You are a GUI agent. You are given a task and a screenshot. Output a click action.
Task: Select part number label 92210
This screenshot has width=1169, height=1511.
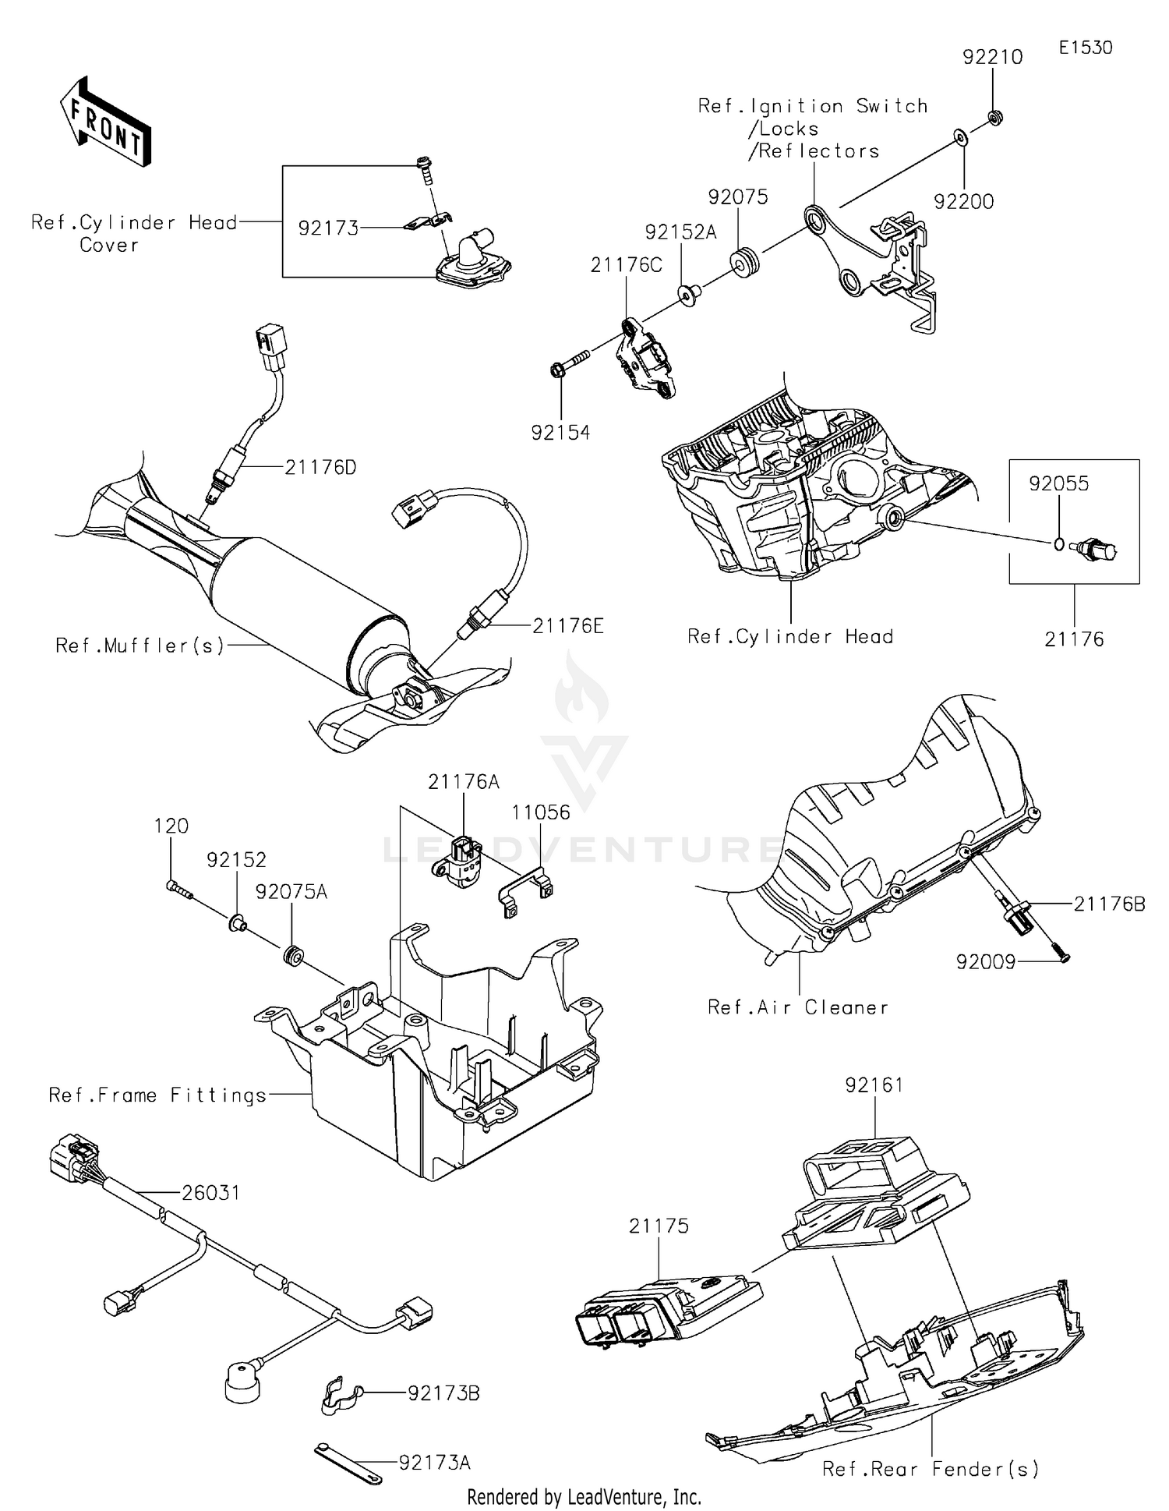pos(992,57)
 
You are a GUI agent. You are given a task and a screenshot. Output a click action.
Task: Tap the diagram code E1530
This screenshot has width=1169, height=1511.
pos(1085,47)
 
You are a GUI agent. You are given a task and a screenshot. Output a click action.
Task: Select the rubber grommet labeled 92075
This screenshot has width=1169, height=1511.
pos(745,261)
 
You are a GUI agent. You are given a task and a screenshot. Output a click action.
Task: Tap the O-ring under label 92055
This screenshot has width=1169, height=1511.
pos(1058,543)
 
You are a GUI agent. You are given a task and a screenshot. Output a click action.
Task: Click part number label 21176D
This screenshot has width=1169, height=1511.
pos(320,467)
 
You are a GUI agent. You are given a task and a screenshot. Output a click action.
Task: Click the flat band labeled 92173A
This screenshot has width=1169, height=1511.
pos(348,1463)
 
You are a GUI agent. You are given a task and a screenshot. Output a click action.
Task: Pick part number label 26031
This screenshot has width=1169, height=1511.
pos(210,1193)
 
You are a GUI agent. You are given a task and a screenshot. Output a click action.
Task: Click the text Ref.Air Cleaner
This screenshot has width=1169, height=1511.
pos(797,1007)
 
